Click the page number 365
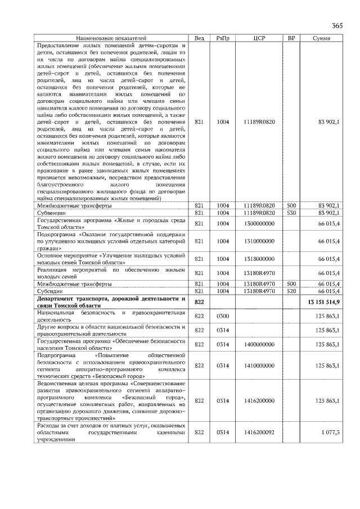(337, 26)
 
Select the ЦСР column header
(259, 38)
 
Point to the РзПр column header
(223, 38)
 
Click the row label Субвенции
(50, 213)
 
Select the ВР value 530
(291, 213)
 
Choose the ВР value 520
(291, 291)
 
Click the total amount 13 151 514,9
(323, 303)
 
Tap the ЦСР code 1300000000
(259, 224)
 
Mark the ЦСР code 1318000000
(259, 259)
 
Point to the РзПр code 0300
(223, 317)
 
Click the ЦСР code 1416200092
(259, 433)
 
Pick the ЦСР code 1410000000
(259, 366)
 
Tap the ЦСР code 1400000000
(259, 344)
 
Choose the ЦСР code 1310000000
(259, 241)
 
